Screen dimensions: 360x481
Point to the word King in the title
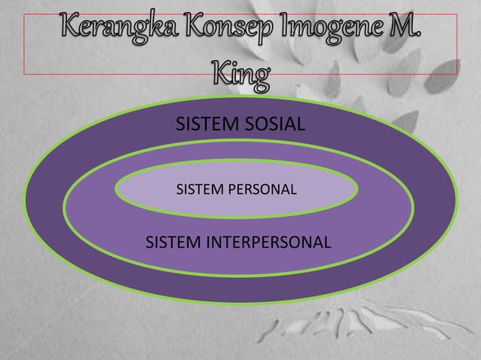(x=240, y=75)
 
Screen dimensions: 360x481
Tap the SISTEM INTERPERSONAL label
(x=237, y=243)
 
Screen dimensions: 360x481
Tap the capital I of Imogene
(x=290, y=31)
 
